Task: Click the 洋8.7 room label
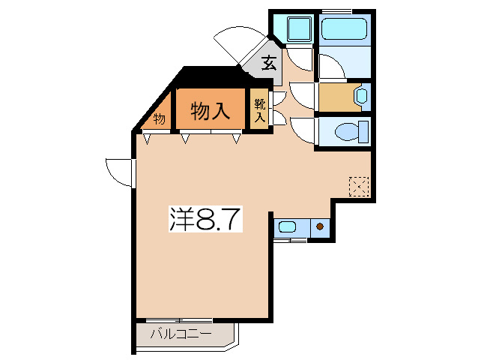pyautogui.click(x=205, y=219)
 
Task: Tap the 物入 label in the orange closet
pyautogui.click(x=210, y=111)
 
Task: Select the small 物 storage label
pyautogui.click(x=159, y=118)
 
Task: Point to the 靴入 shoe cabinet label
pyautogui.click(x=260, y=110)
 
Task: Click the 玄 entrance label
pyautogui.click(x=267, y=64)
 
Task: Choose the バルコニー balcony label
pyautogui.click(x=180, y=334)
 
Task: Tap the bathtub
pyautogui.click(x=345, y=31)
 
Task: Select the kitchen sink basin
pyautogui.click(x=287, y=226)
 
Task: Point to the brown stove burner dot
pyautogui.click(x=320, y=226)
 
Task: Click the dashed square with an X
pyautogui.click(x=359, y=186)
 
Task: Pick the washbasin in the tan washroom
pyautogui.click(x=360, y=96)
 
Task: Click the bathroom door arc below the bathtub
pyautogui.click(x=332, y=67)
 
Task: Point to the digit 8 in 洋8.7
pyautogui.click(x=206, y=219)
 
